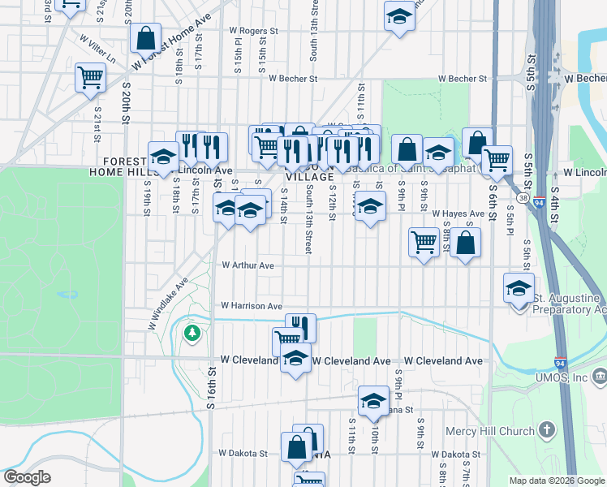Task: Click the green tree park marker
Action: (192, 333)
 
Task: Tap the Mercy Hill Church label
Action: (490, 430)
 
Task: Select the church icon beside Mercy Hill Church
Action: (547, 429)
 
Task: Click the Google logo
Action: (27, 477)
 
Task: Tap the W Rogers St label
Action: (254, 31)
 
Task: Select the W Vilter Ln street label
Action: (97, 49)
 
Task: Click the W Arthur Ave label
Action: (248, 265)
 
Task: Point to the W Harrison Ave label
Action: (252, 306)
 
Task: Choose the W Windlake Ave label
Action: (168, 304)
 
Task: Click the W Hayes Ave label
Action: (458, 213)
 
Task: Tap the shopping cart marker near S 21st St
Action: (90, 78)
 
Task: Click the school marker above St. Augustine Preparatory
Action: (519, 288)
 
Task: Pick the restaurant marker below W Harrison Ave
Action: (300, 327)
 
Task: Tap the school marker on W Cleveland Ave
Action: (295, 358)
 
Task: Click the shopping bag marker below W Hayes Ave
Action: (466, 243)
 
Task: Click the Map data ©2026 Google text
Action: (556, 481)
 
